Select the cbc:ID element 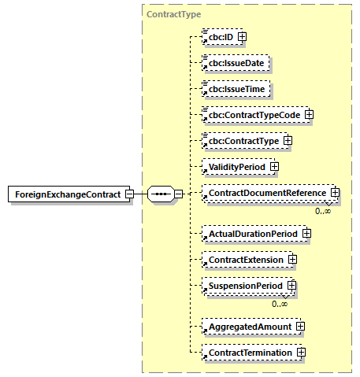coord(220,36)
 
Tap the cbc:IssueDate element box coord(236,63)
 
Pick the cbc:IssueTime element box coord(236,89)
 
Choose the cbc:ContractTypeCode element coord(253,115)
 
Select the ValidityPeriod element coord(236,167)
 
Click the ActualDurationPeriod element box coord(251,234)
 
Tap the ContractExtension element coord(244,259)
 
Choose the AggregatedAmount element coord(248,326)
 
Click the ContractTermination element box coord(249,353)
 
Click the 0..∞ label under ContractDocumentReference coord(323,211)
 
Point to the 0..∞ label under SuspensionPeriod coord(280,304)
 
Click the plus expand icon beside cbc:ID coord(243,36)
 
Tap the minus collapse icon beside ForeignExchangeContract coord(129,194)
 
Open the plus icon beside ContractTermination coord(301,353)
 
